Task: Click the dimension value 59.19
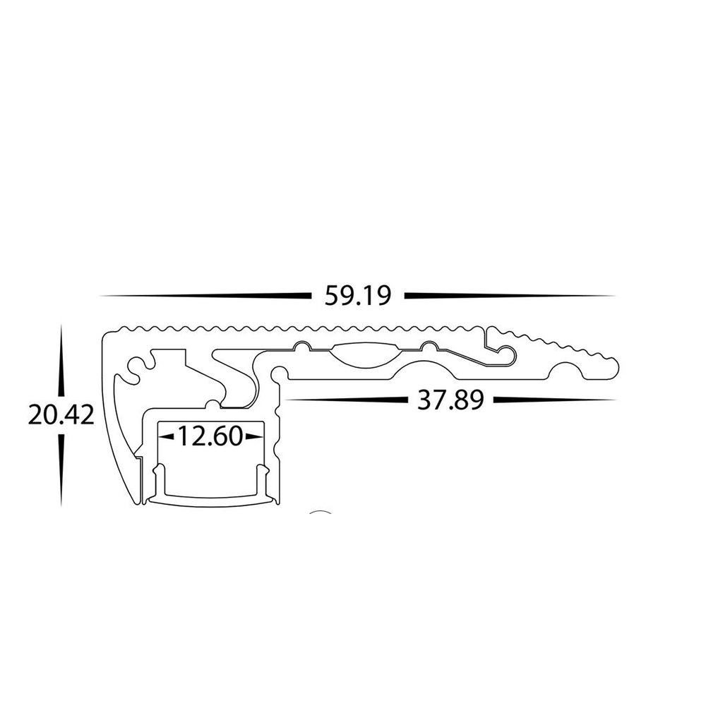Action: click(357, 295)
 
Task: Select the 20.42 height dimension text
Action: click(61, 414)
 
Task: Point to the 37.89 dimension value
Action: click(450, 400)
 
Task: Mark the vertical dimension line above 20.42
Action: click(61, 360)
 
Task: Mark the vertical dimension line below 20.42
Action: click(61, 469)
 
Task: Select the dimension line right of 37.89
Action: click(554, 400)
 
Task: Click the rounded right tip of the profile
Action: click(614, 368)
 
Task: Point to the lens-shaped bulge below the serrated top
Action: click(365, 353)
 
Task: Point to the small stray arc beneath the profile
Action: click(321, 513)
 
